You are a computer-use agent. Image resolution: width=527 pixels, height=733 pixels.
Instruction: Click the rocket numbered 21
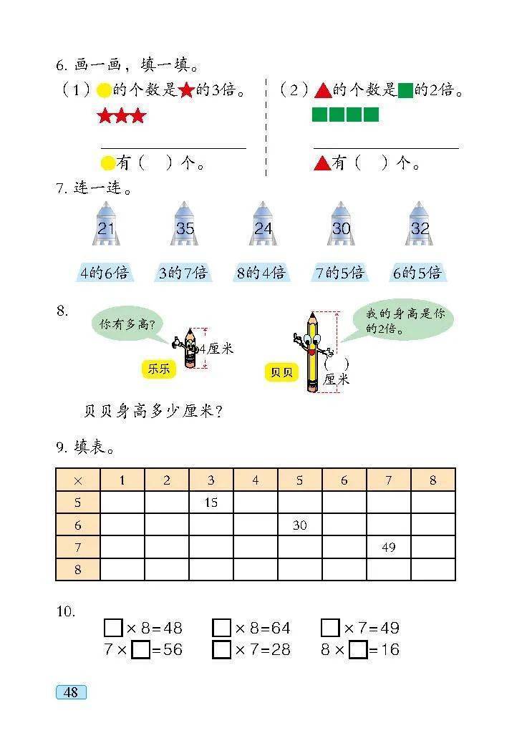106,224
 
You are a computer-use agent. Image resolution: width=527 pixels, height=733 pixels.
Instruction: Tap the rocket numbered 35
184,224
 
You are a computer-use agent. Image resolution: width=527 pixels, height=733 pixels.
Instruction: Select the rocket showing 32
419,224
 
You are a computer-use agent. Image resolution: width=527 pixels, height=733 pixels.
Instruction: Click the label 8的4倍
261,273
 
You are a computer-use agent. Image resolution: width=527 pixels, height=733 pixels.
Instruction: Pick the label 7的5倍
339,273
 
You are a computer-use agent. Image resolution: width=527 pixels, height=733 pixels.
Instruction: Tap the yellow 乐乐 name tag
159,369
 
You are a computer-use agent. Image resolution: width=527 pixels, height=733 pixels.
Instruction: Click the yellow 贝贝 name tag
281,372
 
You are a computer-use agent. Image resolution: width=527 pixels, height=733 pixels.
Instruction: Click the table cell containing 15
211,503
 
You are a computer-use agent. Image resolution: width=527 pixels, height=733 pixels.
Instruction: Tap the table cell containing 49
389,547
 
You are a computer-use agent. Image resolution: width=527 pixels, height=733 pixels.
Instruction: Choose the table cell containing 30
300,525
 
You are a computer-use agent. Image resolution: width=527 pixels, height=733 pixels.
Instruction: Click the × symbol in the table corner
78,480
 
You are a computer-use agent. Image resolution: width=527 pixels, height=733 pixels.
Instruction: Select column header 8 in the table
433,480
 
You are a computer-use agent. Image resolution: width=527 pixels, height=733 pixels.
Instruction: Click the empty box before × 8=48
113,628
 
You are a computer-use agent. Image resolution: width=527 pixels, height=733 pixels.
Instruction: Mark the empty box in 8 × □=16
359,650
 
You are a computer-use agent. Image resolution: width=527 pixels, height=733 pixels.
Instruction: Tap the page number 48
71,692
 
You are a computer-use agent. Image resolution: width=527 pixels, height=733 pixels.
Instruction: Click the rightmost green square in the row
371,115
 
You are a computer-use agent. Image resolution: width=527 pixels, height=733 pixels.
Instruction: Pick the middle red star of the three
122,115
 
